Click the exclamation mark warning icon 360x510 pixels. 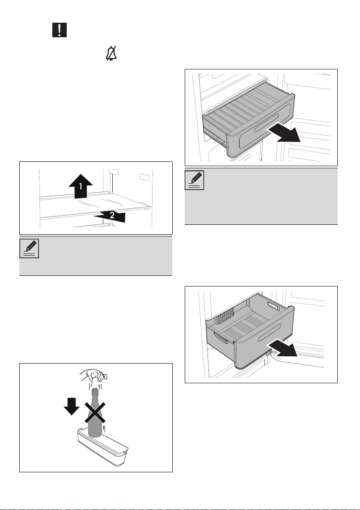tap(60, 30)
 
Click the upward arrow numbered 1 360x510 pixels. tap(81, 186)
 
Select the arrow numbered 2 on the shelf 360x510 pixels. tap(109, 216)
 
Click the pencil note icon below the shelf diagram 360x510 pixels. tap(29, 249)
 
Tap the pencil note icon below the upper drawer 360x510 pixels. tap(195, 180)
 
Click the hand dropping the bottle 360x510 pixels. tap(95, 376)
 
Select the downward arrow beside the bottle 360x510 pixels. tap(72, 406)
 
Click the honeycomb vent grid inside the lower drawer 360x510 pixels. tap(225, 315)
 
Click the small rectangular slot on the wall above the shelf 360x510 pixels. tap(143, 177)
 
